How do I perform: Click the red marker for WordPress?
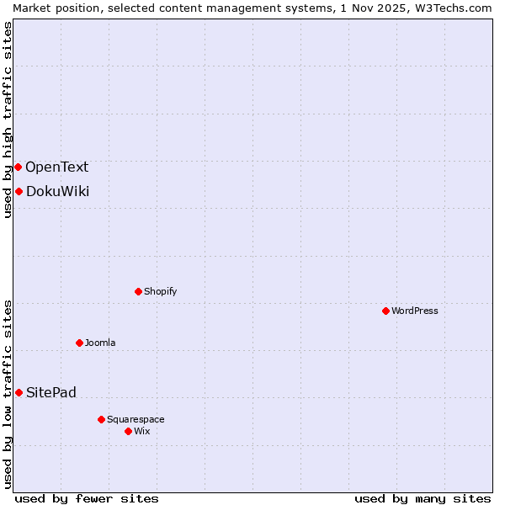[385, 311]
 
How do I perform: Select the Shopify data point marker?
[138, 291]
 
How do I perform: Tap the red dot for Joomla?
[79, 343]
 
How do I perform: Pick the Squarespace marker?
[101, 419]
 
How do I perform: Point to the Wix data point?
[128, 431]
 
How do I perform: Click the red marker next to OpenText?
[18, 167]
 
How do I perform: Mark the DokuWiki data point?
[19, 191]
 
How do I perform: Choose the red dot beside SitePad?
[19, 392]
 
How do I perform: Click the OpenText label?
[56, 167]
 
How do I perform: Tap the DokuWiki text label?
[57, 191]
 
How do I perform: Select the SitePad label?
[50, 392]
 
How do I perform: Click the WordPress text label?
[414, 311]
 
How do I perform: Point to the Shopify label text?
[160, 291]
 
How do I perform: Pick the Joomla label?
[100, 343]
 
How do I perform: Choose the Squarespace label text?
[136, 419]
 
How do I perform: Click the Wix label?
[141, 431]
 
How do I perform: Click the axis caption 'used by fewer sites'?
[87, 498]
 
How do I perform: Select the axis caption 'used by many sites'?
[423, 498]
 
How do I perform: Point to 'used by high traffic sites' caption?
[8, 120]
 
